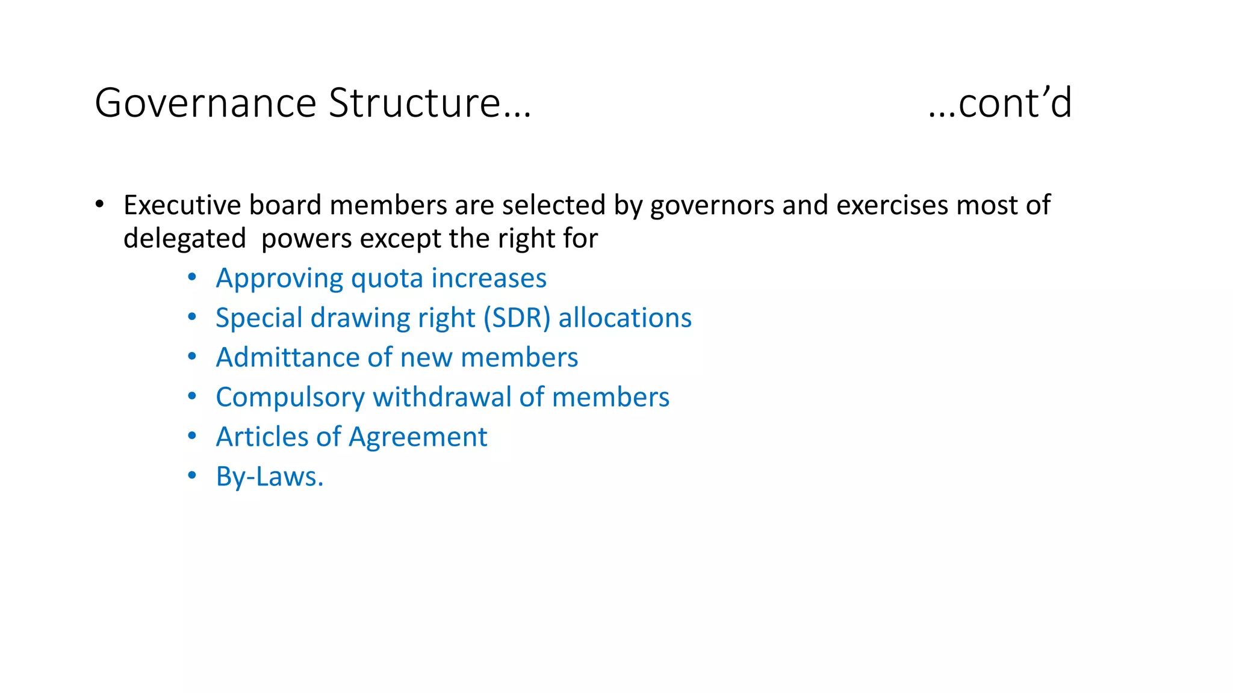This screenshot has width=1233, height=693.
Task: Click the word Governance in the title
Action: [205, 103]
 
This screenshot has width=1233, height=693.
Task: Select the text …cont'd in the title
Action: [999, 103]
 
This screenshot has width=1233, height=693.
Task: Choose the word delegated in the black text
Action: [185, 239]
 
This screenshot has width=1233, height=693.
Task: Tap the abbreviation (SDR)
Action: [517, 318]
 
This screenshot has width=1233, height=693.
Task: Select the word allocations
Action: [625, 318]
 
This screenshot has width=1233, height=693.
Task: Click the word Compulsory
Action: [290, 398]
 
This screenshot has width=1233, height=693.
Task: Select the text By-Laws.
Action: [270, 477]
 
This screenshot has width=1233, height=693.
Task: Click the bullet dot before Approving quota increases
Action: [192, 277]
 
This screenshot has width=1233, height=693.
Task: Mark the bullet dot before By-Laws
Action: [192, 476]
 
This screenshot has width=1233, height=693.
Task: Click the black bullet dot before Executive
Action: [100, 204]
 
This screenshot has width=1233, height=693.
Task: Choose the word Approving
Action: [279, 279]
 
